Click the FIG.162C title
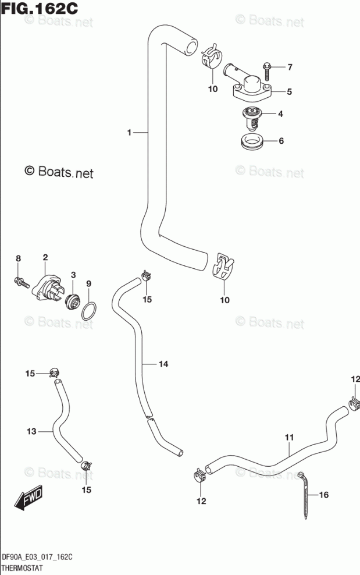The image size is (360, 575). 40,8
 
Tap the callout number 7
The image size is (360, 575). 290,67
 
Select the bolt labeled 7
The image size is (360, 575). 266,72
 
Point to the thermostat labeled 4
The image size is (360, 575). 251,119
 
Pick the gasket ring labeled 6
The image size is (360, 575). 252,141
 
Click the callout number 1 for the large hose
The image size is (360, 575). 129,132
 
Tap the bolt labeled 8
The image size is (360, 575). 22,282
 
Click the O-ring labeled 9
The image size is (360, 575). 89,311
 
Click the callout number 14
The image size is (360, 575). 163,364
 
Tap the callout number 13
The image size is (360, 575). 31,431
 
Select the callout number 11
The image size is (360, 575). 289,437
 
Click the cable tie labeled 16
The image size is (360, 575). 304,495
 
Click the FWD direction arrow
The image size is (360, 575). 28,498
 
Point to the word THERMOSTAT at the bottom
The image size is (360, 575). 22,568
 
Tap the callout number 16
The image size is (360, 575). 324,495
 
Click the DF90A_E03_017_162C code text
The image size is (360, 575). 37,558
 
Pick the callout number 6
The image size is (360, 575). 281,141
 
